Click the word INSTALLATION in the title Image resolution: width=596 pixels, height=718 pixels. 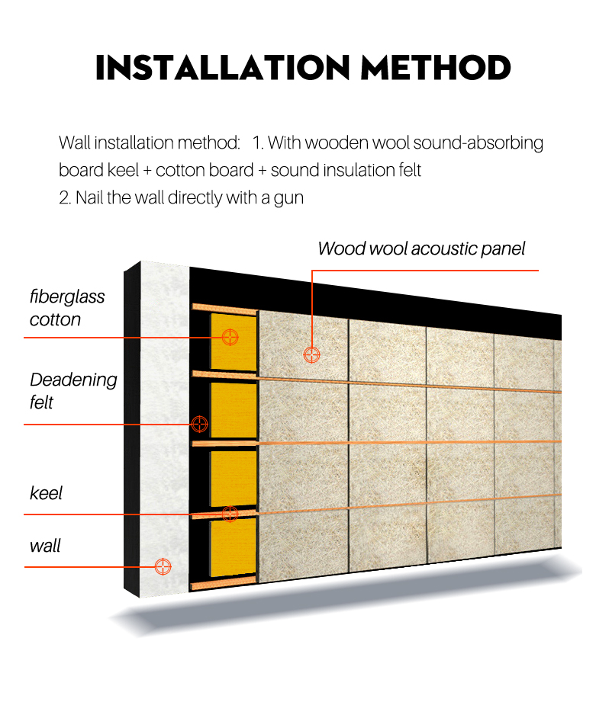click(x=223, y=68)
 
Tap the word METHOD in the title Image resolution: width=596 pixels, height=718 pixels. click(x=436, y=68)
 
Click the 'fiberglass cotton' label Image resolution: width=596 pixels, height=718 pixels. click(x=67, y=308)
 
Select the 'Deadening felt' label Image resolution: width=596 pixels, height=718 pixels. click(x=73, y=390)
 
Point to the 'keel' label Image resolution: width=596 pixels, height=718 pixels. click(x=45, y=493)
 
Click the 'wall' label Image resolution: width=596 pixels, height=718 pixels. click(x=45, y=546)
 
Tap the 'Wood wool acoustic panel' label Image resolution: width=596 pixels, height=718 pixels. click(x=421, y=248)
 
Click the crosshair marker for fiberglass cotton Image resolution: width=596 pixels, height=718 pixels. click(x=230, y=338)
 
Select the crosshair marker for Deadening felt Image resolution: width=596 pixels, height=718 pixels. click(x=199, y=424)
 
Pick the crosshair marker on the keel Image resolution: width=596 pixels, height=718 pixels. click(x=230, y=514)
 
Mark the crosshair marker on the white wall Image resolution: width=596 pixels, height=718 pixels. click(x=163, y=566)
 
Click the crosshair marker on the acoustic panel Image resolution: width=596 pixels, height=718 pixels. click(x=312, y=354)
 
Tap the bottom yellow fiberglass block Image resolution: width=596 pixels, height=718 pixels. click(x=233, y=547)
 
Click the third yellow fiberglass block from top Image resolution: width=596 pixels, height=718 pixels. click(x=233, y=479)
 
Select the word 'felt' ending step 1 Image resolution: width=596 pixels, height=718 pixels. click(x=411, y=170)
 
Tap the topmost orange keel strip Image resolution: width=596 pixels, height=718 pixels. click(x=224, y=308)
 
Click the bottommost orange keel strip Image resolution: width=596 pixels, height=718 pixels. click(x=224, y=583)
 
